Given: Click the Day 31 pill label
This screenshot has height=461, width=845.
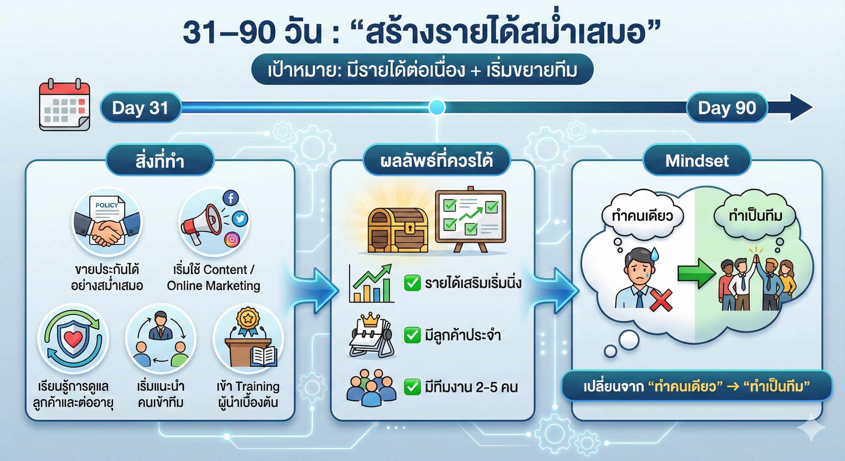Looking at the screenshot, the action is pyautogui.click(x=140, y=108).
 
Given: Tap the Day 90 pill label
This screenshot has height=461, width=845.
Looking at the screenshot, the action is pyautogui.click(x=727, y=108).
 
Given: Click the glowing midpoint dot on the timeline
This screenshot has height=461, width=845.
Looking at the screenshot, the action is pyautogui.click(x=437, y=107).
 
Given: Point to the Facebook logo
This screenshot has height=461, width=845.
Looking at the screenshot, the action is pyautogui.click(x=231, y=198).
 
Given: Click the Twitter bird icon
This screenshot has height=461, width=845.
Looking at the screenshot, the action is pyautogui.click(x=240, y=219).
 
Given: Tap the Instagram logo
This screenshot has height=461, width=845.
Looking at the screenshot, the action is pyautogui.click(x=232, y=239).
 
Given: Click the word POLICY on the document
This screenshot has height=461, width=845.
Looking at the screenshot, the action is pyautogui.click(x=107, y=205).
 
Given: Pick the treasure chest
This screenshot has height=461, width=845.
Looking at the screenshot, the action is pyautogui.click(x=398, y=231).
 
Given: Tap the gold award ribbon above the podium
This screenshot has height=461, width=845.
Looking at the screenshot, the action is pyautogui.click(x=248, y=321).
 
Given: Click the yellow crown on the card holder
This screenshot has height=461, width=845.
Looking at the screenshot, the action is pyautogui.click(x=370, y=320).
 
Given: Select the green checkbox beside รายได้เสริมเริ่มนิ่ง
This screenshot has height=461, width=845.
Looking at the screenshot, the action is pyautogui.click(x=412, y=283).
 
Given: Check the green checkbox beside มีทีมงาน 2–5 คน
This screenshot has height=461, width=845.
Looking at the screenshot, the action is pyautogui.click(x=412, y=387).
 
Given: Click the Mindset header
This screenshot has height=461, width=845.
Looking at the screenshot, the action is pyautogui.click(x=697, y=161).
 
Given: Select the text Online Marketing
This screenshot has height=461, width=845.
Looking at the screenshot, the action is pyautogui.click(x=214, y=286).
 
